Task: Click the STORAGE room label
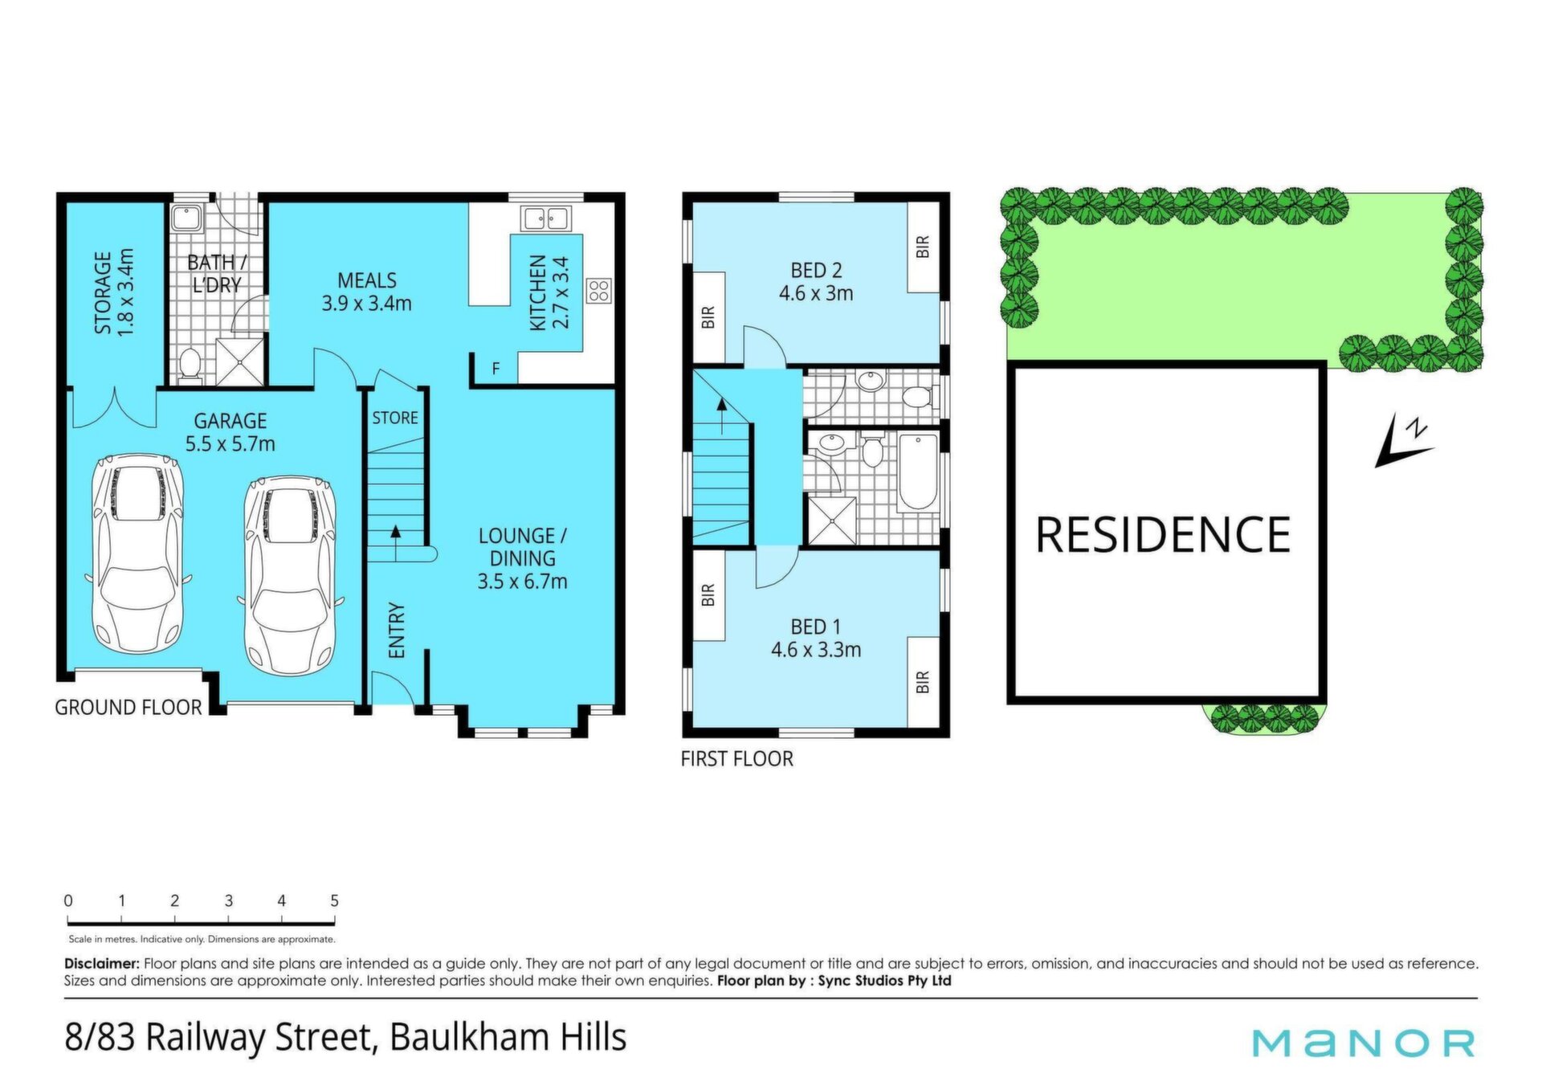pos(114,292)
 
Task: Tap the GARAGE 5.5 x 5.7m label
pos(230,432)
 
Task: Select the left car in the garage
pos(137,554)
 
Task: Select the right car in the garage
pos(290,575)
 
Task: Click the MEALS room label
pos(367,292)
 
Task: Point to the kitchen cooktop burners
pos(598,291)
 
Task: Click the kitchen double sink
pos(546,218)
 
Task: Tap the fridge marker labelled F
pos(496,369)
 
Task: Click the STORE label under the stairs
pos(395,418)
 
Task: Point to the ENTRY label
pos(397,631)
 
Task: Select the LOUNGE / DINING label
pos(523,558)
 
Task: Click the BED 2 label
pos(816,281)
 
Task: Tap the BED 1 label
pos(816,638)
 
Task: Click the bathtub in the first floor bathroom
pos(917,472)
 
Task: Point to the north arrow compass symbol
pos(1403,440)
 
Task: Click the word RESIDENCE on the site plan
pos(1163,535)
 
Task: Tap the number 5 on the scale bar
pos(334,900)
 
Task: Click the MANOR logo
pos(1364,1043)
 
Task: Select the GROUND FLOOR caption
pos(128,707)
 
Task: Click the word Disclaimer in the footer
pos(102,963)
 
